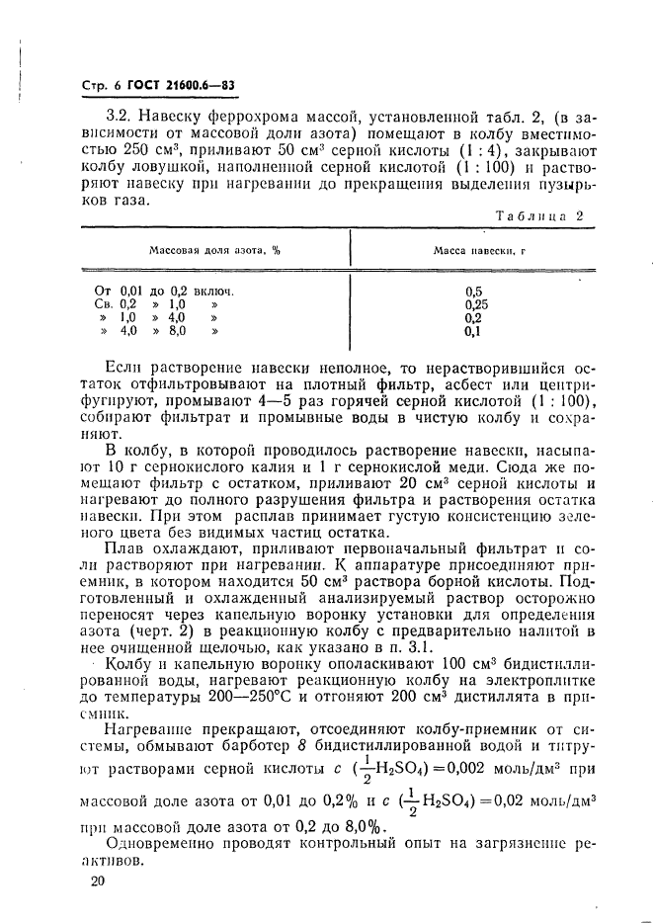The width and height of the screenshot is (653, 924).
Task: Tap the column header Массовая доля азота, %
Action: (x=214, y=251)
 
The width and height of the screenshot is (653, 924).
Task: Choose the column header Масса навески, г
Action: (x=478, y=251)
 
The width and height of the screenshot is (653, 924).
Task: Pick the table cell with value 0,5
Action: (x=472, y=291)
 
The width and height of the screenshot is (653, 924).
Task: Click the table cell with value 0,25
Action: (x=474, y=304)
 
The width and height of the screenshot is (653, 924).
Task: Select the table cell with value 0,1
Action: (x=472, y=332)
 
